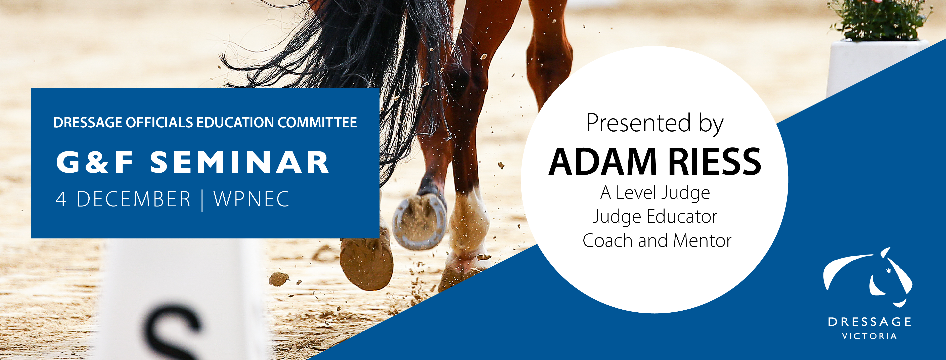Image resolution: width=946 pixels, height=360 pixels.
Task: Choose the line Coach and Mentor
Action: click(x=657, y=241)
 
